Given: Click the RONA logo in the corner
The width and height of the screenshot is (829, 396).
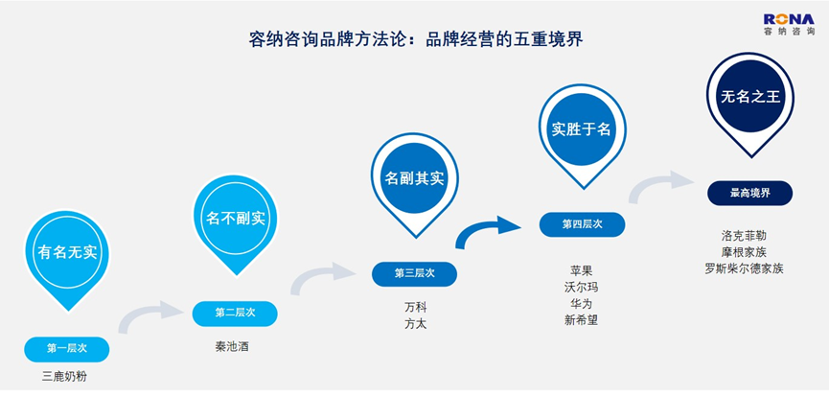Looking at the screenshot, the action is click(x=789, y=25).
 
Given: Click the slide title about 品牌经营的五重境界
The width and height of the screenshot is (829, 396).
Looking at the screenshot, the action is click(x=416, y=39).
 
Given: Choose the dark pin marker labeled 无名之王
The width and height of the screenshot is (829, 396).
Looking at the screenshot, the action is click(x=750, y=105).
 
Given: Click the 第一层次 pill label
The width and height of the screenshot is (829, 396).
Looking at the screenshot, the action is click(x=67, y=349).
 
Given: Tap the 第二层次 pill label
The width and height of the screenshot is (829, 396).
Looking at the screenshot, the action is click(x=235, y=313).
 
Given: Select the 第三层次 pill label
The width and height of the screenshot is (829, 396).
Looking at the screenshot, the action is click(x=414, y=274).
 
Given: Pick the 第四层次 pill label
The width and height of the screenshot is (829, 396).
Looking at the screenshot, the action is click(x=582, y=224).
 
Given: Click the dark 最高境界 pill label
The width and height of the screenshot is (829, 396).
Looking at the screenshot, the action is click(x=750, y=193).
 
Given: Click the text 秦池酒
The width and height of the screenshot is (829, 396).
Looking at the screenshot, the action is click(x=232, y=347).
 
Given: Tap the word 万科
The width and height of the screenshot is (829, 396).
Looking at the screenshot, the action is click(x=416, y=307).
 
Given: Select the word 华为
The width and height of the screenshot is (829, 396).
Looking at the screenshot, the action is click(x=581, y=304).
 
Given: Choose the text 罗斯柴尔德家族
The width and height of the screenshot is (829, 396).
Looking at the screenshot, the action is click(x=744, y=268).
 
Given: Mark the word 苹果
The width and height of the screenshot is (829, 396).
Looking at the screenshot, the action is click(x=581, y=270).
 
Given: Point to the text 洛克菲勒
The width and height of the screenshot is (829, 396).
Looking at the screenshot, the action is click(x=744, y=235).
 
